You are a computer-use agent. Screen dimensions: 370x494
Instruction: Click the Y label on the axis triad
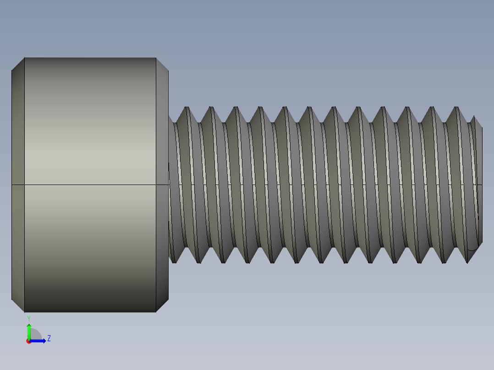(29, 318)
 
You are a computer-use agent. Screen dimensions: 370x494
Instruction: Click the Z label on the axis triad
(49, 338)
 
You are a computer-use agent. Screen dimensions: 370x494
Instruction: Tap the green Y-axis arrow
(29, 331)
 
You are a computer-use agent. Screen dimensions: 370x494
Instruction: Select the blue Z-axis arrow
(39, 341)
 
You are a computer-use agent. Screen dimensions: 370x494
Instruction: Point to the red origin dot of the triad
(28, 342)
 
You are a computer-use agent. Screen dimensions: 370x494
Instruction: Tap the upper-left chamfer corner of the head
(18, 64)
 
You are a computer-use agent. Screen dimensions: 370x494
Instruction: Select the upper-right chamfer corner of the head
(163, 64)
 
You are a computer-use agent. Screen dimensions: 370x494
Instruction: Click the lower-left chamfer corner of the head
(18, 306)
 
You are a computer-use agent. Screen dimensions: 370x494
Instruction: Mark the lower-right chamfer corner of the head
(163, 306)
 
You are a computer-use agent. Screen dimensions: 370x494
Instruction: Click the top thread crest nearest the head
(187, 108)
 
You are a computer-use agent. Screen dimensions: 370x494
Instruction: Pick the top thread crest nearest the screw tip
(456, 108)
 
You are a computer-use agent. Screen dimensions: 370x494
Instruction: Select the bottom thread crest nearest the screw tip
(467, 261)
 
